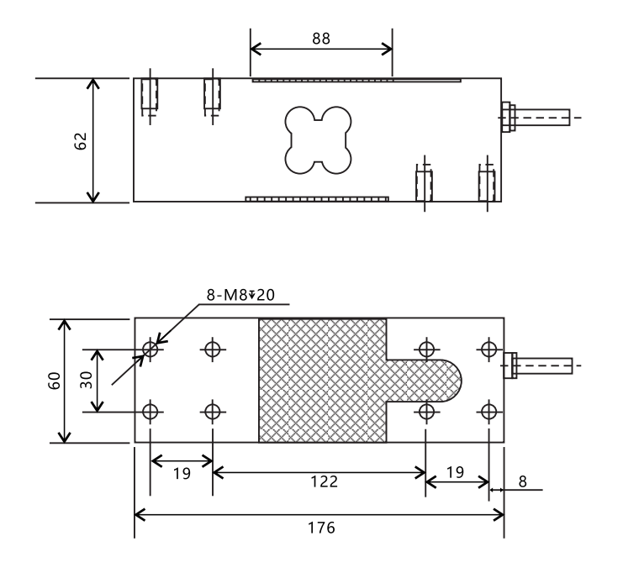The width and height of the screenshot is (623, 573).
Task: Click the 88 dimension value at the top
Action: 321,39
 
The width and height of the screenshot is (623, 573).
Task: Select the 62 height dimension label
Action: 81,141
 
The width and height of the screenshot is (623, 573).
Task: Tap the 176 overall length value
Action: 321,528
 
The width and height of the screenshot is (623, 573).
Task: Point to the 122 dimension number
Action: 324,481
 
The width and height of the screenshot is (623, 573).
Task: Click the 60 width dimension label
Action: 54,381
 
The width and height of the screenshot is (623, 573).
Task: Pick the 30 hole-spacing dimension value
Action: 87,380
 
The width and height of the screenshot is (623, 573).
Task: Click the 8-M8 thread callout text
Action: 240,295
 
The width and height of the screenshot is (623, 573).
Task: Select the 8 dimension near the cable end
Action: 522,481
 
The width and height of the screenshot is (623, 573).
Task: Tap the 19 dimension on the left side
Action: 182,473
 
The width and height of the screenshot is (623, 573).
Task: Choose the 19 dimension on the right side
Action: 455,472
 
